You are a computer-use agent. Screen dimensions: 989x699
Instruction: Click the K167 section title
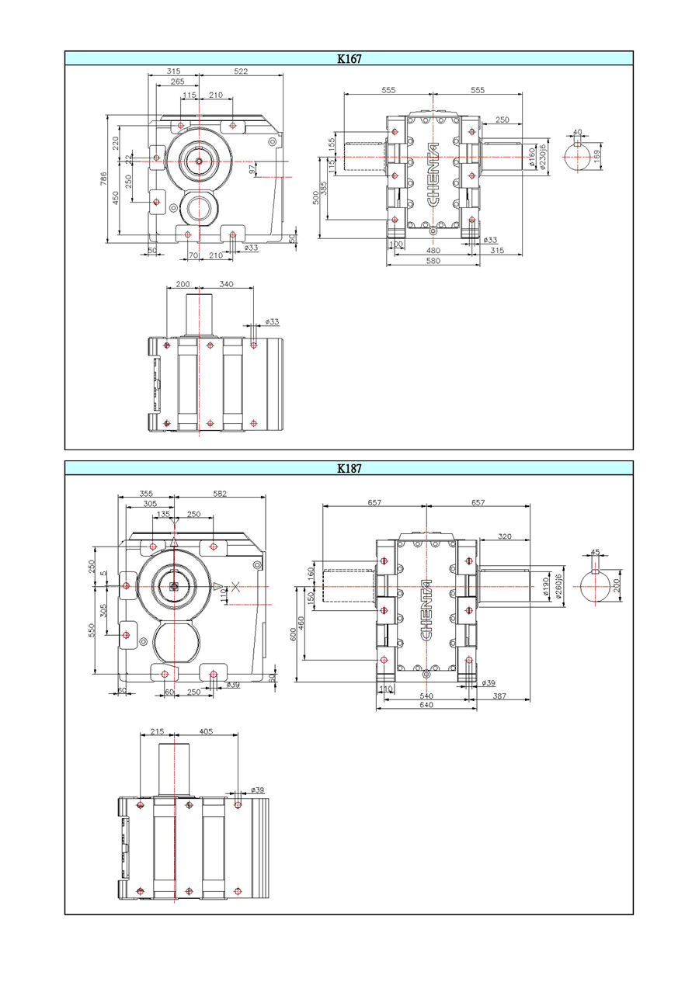coord(349,58)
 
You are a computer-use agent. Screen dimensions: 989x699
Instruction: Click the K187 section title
coord(349,468)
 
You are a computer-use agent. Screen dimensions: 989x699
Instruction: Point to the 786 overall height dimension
coord(104,179)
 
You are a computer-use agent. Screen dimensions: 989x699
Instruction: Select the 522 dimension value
coord(241,71)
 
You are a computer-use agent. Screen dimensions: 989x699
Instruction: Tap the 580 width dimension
coord(433,261)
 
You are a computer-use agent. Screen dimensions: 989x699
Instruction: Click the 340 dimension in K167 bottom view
coord(226,284)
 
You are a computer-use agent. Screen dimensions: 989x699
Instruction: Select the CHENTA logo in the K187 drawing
coord(426,609)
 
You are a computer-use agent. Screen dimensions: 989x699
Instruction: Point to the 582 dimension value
coord(220,494)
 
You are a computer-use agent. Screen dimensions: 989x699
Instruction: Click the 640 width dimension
coord(426,705)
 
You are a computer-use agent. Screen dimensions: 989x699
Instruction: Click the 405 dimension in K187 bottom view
coord(206,731)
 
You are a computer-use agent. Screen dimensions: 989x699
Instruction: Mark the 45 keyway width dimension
coord(596,553)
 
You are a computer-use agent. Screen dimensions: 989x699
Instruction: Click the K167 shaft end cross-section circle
coord(576,158)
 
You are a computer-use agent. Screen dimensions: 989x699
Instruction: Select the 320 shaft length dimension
coord(505,536)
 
